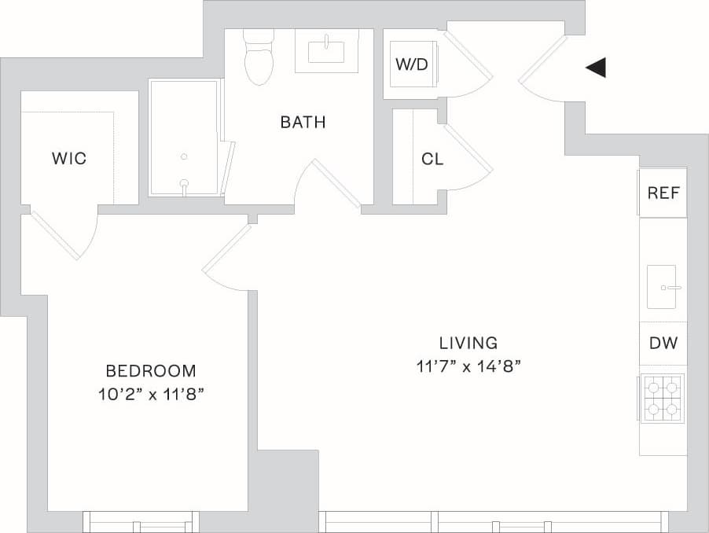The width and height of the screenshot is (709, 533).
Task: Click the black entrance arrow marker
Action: [x=597, y=68]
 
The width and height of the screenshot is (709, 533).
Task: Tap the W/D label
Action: [x=411, y=64]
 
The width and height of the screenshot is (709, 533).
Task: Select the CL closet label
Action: [x=432, y=159]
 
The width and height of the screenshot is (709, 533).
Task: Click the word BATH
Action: [x=303, y=123]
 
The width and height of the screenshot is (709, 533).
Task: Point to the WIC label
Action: [x=68, y=159]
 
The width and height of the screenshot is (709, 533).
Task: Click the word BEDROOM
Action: [x=151, y=370]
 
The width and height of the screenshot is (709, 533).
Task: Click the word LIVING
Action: [x=468, y=343]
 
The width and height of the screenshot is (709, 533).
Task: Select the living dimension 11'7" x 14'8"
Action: [x=469, y=366]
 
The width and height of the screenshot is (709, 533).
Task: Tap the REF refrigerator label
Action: [x=663, y=193]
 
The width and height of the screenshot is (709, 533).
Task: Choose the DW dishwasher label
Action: [x=663, y=343]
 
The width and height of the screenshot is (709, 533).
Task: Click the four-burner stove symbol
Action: [x=663, y=398]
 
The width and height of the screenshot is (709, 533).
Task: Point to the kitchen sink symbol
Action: [x=663, y=287]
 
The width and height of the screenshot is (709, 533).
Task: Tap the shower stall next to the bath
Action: [x=184, y=138]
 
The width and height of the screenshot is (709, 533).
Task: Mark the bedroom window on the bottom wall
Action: [x=141, y=521]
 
